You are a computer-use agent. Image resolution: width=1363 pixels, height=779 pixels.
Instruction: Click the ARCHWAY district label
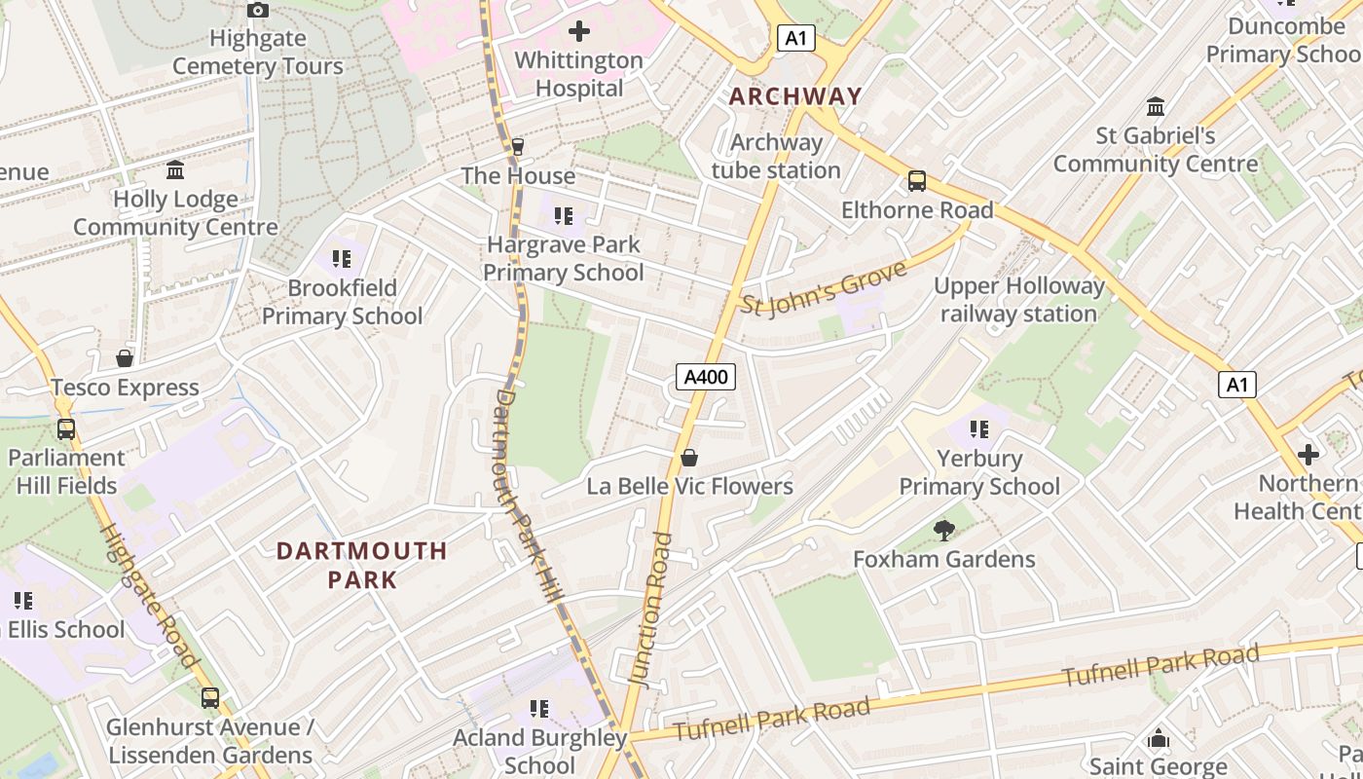point(795,96)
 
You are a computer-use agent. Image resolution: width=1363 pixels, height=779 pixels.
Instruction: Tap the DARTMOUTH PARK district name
point(362,565)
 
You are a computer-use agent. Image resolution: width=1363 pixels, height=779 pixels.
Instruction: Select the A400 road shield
point(706,377)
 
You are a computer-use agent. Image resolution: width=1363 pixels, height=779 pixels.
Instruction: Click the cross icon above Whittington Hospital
point(579,31)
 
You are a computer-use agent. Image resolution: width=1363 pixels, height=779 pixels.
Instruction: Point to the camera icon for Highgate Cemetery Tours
point(258,11)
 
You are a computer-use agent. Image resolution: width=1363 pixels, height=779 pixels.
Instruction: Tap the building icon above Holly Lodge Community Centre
point(175,170)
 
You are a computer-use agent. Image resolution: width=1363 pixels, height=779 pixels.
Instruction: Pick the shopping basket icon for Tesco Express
point(125,359)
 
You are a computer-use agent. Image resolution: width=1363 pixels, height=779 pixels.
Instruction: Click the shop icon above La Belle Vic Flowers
point(689,458)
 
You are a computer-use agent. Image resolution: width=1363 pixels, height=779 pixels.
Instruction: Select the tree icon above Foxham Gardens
point(943,531)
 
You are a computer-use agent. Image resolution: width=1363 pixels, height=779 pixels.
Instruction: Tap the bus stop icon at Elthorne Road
point(917,181)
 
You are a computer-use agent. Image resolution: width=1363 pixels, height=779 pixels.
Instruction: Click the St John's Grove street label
point(824,288)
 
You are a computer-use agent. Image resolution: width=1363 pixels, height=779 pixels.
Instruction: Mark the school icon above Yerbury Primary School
point(979,429)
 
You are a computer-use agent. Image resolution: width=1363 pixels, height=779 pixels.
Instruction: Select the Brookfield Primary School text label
point(342,302)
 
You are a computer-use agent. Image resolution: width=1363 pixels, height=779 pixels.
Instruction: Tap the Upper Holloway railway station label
point(1018,300)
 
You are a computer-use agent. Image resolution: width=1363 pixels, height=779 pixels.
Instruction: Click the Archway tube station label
point(776,156)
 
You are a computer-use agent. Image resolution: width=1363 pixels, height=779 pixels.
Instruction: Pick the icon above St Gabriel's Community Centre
point(1156,106)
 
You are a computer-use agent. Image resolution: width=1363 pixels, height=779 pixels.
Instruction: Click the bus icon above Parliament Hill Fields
point(66,429)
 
